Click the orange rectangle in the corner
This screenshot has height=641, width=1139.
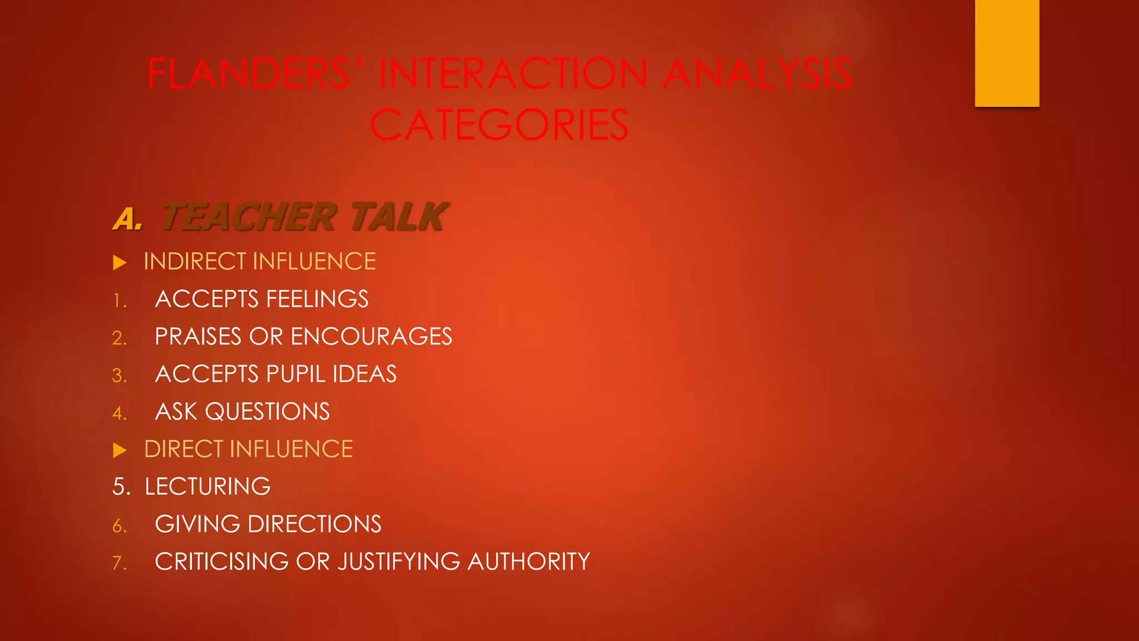[x=1007, y=53]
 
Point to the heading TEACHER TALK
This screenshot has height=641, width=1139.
[x=304, y=217]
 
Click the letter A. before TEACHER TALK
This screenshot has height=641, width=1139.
[x=128, y=219]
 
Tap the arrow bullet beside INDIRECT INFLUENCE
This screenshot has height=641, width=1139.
[x=120, y=263]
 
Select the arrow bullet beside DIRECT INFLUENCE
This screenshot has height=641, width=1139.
[x=120, y=450]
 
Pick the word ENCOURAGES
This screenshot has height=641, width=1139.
[x=372, y=337]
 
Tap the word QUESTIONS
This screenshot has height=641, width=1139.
[x=268, y=412]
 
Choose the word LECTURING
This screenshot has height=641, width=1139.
[x=207, y=487]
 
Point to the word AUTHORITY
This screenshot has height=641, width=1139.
[x=528, y=561]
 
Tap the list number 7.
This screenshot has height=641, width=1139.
[x=119, y=563]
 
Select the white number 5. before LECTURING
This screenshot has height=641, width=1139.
[x=121, y=487]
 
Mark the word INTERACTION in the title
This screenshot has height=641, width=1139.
[x=513, y=74]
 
